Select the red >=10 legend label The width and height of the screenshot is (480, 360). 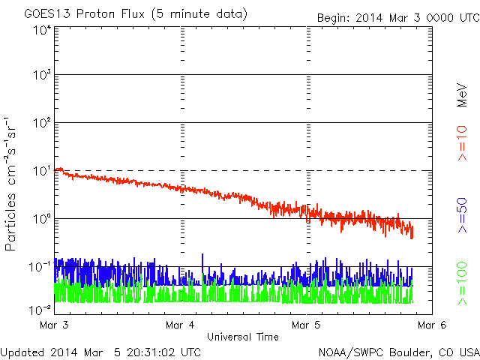pos(462,143)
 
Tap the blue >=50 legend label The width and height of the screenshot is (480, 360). pos(462,215)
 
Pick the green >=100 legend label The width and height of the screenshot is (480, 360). pos(462,283)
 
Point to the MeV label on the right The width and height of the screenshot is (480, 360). pos(462,95)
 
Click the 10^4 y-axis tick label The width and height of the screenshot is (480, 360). pos(43,31)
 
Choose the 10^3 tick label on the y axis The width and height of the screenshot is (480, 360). pos(43,74)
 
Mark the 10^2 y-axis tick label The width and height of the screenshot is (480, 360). pos(43,122)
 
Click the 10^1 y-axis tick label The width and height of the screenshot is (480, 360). pos(43,170)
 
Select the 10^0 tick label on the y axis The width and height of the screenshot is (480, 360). pos(43,218)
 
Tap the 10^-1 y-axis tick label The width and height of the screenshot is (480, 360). pos(40,267)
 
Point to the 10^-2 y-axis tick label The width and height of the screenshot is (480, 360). pos(40,310)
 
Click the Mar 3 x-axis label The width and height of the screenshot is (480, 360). pos(54,325)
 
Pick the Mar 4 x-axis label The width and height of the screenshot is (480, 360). pos(180,325)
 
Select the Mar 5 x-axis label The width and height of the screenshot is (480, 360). pos(306,325)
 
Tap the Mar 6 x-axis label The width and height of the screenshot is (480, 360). pos(432,325)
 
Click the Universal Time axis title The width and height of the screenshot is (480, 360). pos(243,337)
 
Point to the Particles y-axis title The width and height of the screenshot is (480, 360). pos(10,222)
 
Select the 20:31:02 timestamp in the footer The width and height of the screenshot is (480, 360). pos(151,352)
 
